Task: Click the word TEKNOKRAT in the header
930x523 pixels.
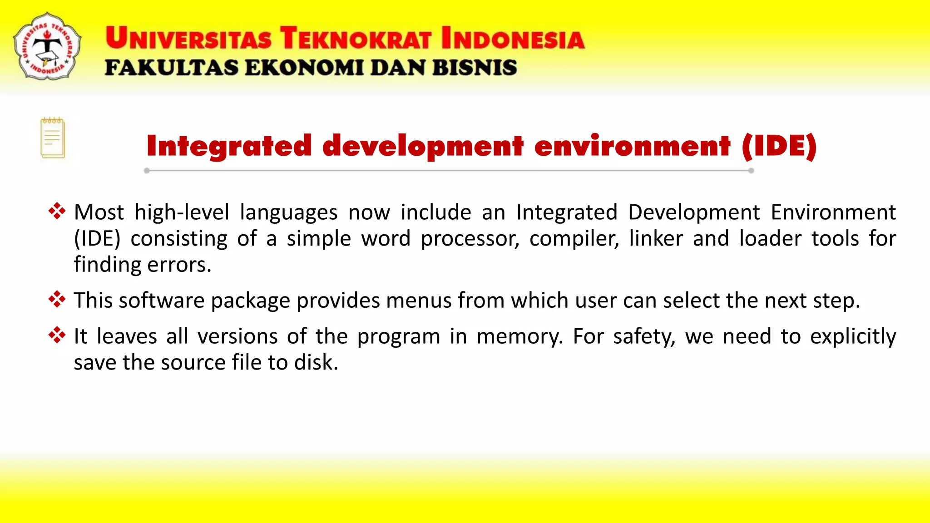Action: point(356,38)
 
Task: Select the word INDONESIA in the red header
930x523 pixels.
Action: point(513,38)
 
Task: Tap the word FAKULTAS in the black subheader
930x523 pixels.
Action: point(171,68)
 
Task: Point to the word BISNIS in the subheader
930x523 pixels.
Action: point(475,68)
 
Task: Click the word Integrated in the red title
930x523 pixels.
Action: point(229,146)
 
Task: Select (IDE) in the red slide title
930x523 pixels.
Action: point(779,146)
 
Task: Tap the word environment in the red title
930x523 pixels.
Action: point(633,146)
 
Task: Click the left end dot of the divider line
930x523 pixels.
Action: point(147,171)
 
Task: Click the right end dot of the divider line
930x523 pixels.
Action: point(751,171)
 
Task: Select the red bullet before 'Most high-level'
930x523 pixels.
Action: point(57,211)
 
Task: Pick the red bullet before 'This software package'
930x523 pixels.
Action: point(57,299)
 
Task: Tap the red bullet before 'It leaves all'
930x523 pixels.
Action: point(57,335)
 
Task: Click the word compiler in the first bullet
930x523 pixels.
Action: point(574,239)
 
